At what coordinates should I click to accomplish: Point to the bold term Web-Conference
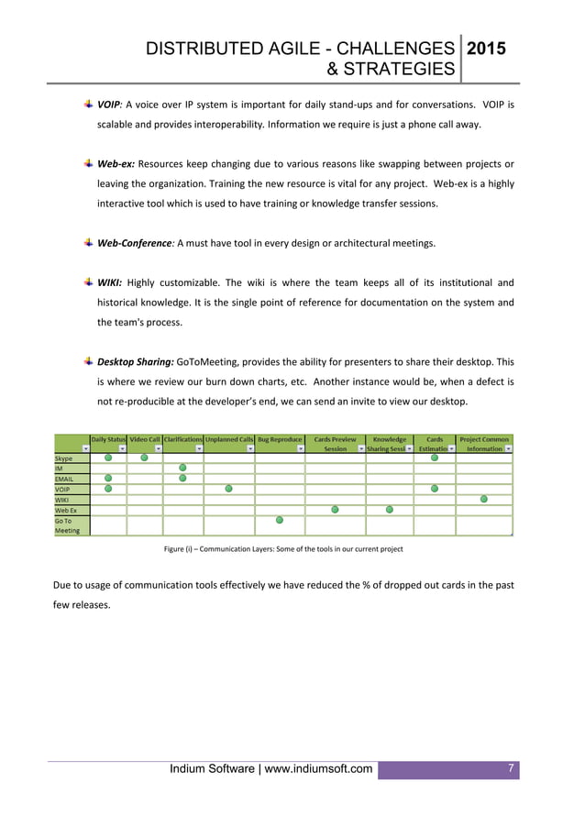(x=135, y=243)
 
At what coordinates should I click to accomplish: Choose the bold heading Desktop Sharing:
(x=135, y=361)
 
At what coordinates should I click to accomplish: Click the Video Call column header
(x=144, y=439)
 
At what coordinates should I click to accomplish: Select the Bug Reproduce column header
(x=280, y=439)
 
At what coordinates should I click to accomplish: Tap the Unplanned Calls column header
(x=229, y=439)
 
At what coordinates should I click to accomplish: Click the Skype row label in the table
(x=64, y=458)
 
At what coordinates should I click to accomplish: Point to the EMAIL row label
(x=65, y=478)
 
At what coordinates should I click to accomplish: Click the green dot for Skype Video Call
(x=144, y=458)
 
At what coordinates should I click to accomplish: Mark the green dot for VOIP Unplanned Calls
(x=228, y=489)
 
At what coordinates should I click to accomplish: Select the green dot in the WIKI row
(x=484, y=499)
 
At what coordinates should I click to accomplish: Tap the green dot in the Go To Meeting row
(x=280, y=520)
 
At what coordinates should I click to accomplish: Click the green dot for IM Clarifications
(x=182, y=469)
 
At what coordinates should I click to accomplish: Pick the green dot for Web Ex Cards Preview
(x=335, y=509)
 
